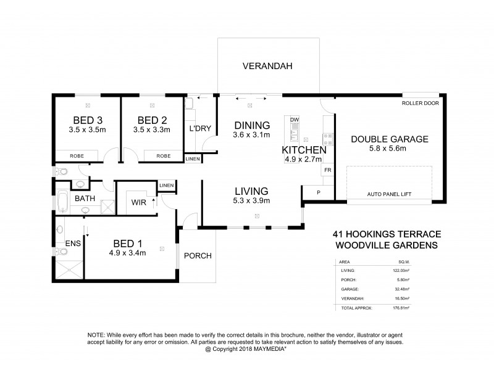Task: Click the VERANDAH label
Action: pyautogui.click(x=267, y=66)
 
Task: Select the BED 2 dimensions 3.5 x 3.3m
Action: pyautogui.click(x=152, y=130)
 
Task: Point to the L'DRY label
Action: pyautogui.click(x=200, y=128)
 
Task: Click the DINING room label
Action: pyautogui.click(x=251, y=125)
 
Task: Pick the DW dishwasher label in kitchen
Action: pyautogui.click(x=295, y=120)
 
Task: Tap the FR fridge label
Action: pyautogui.click(x=327, y=168)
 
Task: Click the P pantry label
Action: pyautogui.click(x=318, y=192)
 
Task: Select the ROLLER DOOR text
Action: pyautogui.click(x=421, y=104)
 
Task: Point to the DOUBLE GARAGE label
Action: pyautogui.click(x=389, y=139)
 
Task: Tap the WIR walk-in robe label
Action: pyautogui.click(x=137, y=201)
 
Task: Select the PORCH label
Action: pyautogui.click(x=198, y=255)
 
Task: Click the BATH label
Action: pyautogui.click(x=84, y=199)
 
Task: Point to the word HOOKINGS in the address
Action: pyautogui.click(x=374, y=234)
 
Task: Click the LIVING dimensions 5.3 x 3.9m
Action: pyautogui.click(x=251, y=200)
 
